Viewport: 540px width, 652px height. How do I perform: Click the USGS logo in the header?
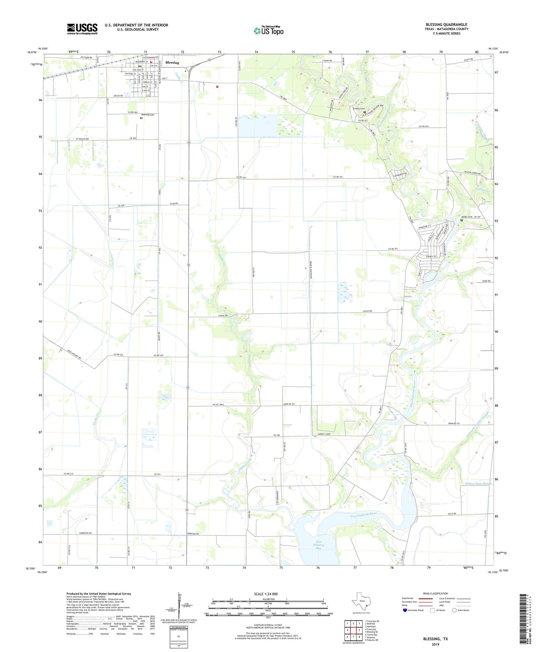click(x=82, y=29)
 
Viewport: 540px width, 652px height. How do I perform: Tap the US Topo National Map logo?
click(x=268, y=31)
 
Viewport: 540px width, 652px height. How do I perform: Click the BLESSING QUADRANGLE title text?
click(x=446, y=25)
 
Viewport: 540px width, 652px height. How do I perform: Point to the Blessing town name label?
click(x=172, y=63)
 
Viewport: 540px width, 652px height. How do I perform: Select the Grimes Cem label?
click(x=358, y=109)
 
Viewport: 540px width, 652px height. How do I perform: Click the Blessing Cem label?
click(x=148, y=115)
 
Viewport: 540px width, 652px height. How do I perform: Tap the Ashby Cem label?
click(x=467, y=217)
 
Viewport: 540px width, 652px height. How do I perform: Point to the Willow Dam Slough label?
click(x=478, y=484)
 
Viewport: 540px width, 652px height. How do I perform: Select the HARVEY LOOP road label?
click(x=324, y=434)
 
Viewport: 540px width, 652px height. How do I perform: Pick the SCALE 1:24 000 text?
click(x=266, y=594)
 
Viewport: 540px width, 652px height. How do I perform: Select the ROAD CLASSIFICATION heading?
click(x=435, y=593)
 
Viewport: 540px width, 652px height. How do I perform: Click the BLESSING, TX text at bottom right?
click(x=435, y=639)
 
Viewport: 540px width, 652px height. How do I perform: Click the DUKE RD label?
click(x=486, y=281)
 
